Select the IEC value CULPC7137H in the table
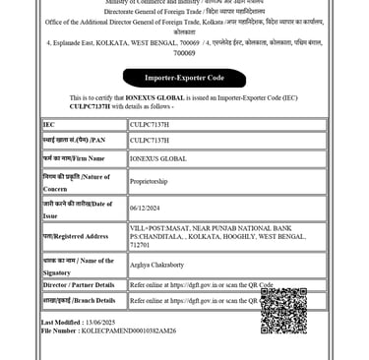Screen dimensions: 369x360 (x=150, y=125)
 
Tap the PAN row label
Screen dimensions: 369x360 (x=70, y=141)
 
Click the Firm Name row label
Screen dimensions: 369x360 (x=75, y=158)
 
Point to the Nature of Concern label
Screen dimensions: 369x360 (x=77, y=181)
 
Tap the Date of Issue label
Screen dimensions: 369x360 (x=77, y=209)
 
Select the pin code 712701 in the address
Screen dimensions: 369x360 (x=140, y=244)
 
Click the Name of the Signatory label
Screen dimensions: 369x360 (x=79, y=265)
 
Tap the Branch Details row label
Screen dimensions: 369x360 (x=79, y=301)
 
